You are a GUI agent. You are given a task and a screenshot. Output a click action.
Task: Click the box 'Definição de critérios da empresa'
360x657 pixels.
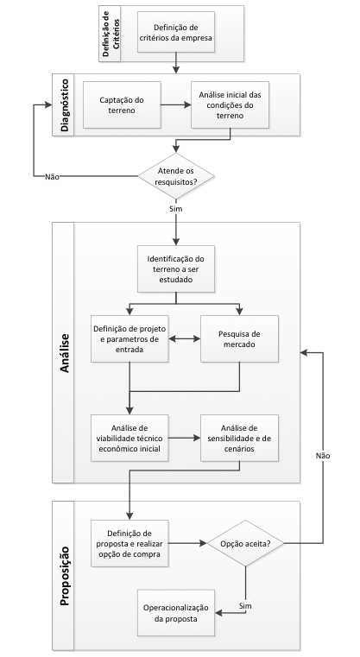tap(176, 32)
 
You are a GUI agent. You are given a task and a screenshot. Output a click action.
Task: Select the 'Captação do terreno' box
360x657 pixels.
tap(122, 104)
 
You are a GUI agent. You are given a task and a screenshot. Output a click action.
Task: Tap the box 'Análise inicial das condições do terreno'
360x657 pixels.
tap(231, 104)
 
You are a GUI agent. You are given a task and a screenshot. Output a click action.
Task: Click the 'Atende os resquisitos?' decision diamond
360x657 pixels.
tap(176, 176)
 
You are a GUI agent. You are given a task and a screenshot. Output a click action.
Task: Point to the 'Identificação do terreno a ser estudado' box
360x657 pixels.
tap(176, 268)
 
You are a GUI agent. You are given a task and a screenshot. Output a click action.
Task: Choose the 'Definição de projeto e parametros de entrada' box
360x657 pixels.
tap(129, 338)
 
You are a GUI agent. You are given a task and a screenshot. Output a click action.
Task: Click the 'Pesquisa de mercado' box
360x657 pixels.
tap(239, 338)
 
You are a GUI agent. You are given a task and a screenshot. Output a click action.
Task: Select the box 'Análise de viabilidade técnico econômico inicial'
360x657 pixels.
tap(129, 438)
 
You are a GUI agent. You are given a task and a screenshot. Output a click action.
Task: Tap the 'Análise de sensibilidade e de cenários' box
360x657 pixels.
tap(239, 438)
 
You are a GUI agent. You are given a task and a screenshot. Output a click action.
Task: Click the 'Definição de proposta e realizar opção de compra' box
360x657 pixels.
tap(129, 543)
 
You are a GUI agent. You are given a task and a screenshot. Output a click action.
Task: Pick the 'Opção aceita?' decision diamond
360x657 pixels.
tap(245, 543)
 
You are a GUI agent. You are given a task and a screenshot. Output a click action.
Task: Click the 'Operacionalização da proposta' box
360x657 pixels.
tap(176, 613)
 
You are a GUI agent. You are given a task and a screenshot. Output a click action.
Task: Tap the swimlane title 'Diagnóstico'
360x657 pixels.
tap(65, 104)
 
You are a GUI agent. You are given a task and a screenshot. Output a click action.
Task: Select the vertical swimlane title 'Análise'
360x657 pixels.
tap(65, 353)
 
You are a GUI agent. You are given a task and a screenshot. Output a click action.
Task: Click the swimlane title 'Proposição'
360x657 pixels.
tap(65, 576)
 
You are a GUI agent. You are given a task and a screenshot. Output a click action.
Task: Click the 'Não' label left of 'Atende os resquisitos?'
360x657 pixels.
tap(52, 176)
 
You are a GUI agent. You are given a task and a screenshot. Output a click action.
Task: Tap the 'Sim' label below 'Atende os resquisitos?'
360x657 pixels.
tap(176, 208)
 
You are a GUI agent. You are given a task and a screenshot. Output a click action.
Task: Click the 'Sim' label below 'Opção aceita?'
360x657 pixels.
tap(245, 606)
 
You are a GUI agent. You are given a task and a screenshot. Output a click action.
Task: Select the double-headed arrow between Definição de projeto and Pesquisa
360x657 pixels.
tap(185, 338)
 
